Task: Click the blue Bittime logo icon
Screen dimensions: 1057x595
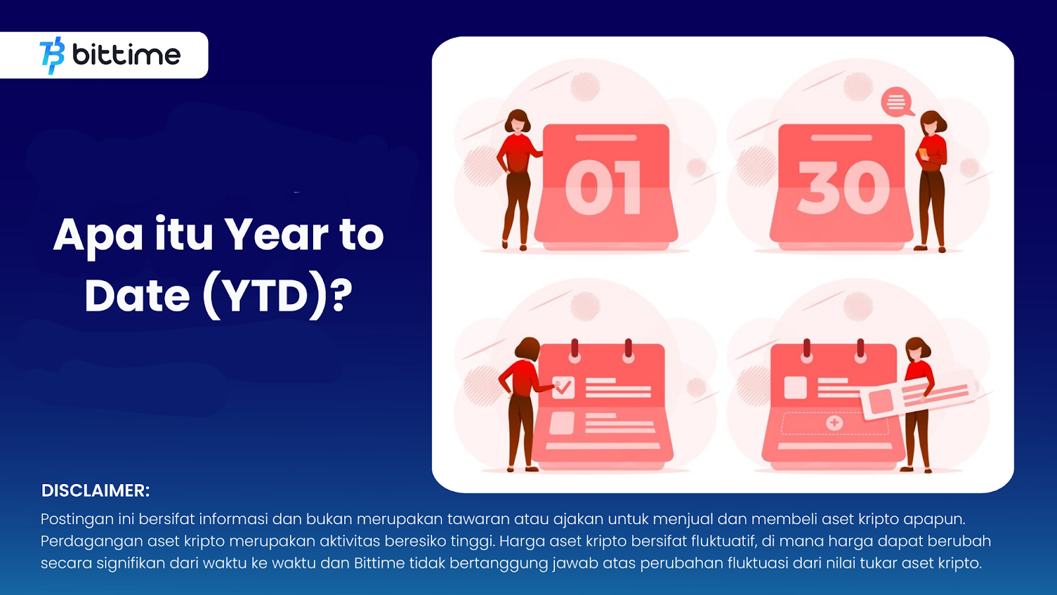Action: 52,56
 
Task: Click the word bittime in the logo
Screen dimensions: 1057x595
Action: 126,55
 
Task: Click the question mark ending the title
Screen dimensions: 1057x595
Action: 342,295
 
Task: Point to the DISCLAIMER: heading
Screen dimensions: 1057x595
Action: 95,491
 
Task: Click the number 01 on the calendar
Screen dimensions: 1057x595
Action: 603,188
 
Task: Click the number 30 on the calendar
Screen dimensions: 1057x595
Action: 843,188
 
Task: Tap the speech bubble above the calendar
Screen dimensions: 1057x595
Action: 896,102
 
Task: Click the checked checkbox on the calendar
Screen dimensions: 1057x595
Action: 563,387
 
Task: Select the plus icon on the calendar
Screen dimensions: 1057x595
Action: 834,422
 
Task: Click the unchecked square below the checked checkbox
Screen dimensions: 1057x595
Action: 562,423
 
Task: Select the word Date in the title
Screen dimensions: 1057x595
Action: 137,296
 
